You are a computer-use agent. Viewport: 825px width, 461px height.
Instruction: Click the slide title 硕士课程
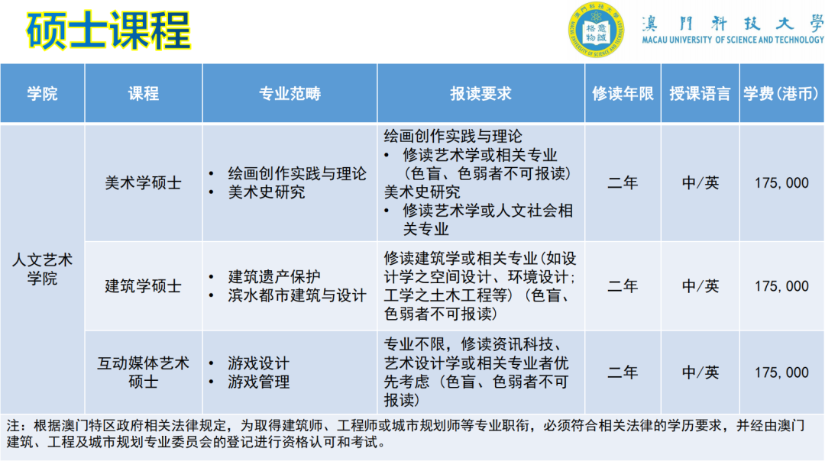(108, 31)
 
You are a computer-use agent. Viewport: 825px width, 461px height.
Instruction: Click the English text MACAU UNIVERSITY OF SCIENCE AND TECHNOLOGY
(733, 40)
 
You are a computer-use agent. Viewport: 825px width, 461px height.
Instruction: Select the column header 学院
(43, 94)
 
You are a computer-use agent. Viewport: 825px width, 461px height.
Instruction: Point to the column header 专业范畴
(290, 94)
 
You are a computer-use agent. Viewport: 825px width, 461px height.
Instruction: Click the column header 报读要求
(480, 94)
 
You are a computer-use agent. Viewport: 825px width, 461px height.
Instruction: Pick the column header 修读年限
(623, 94)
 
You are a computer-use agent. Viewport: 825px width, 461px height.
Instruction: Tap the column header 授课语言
(700, 94)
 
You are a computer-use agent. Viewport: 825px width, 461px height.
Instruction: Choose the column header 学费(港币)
(781, 94)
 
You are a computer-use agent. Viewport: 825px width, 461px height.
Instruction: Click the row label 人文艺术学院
(43, 269)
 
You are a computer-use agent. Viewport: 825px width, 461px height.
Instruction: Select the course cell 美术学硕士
(144, 183)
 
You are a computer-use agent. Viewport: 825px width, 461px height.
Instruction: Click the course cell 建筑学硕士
(144, 286)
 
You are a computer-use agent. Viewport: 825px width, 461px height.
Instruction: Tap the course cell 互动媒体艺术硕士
(144, 372)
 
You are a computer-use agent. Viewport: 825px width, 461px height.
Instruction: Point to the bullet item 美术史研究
(266, 192)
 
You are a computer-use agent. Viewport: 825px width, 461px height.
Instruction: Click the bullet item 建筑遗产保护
(273, 277)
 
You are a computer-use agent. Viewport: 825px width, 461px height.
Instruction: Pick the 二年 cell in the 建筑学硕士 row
(623, 286)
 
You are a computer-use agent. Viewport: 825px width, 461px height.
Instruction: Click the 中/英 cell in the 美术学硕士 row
(700, 183)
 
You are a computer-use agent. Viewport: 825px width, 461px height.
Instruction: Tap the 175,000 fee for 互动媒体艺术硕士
(781, 372)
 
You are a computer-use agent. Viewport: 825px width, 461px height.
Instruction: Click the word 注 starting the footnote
(14, 426)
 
